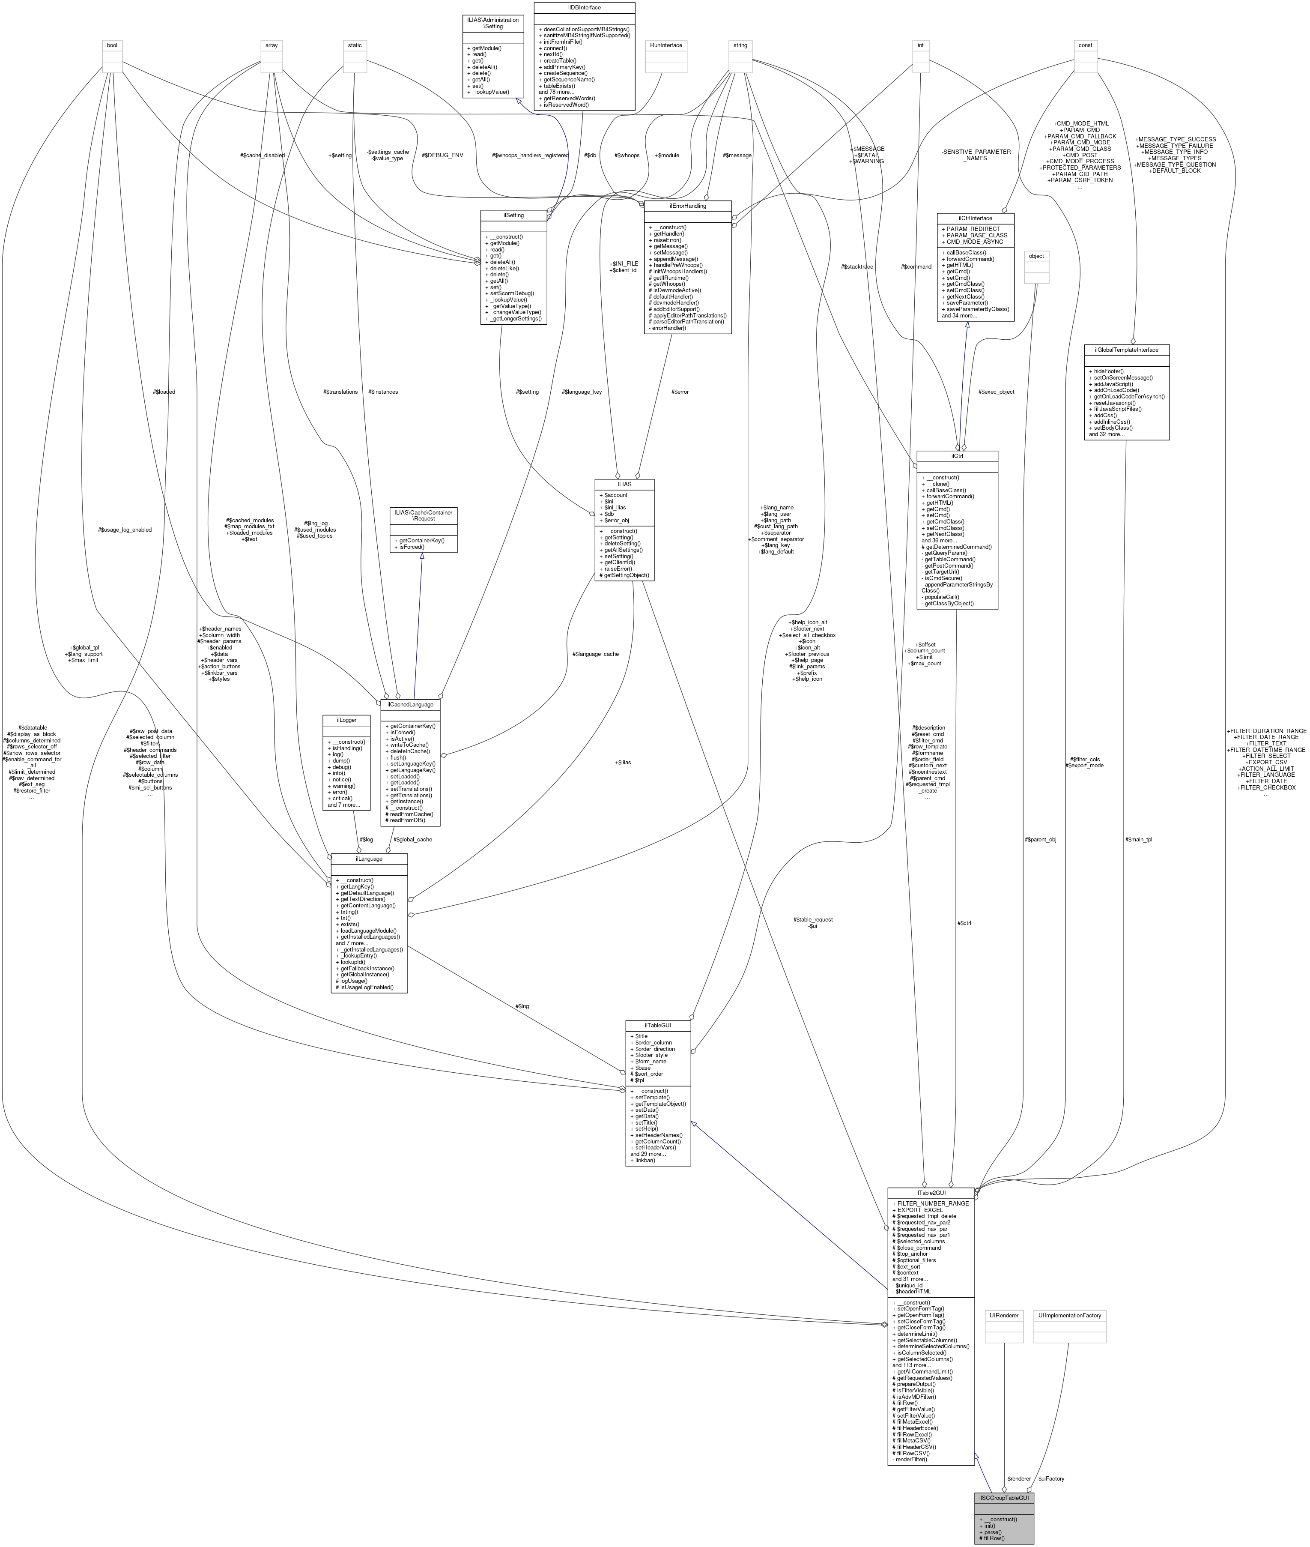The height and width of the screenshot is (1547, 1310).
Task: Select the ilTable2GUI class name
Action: (931, 1193)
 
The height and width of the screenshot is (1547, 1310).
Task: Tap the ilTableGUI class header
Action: (658, 1025)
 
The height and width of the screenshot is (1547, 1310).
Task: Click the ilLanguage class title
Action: (369, 858)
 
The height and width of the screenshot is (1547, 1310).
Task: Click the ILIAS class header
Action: (624, 484)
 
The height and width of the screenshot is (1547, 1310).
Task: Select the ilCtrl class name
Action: (957, 455)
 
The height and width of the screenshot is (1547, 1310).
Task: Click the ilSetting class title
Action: (513, 215)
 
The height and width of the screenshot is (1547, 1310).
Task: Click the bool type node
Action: (112, 45)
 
